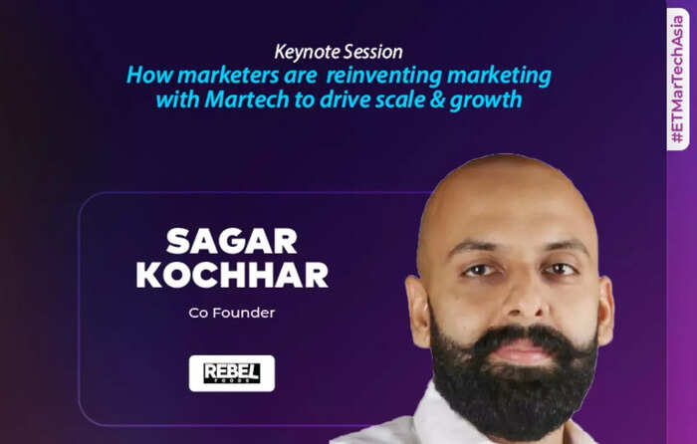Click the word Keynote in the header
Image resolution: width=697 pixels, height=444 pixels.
(307, 53)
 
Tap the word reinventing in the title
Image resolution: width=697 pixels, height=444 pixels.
(384, 76)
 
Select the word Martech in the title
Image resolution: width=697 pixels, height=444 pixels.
(247, 100)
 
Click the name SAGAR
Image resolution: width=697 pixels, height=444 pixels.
(232, 241)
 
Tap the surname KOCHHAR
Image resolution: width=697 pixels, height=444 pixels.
(232, 275)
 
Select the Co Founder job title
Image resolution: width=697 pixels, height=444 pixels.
(232, 313)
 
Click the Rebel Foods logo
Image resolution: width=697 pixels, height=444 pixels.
(232, 373)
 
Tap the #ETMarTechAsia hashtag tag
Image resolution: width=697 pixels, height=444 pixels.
(678, 80)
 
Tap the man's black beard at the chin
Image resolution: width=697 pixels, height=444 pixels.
(516, 400)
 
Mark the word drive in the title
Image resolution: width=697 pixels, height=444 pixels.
(345, 100)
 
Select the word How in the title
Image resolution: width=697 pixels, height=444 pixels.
(149, 76)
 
